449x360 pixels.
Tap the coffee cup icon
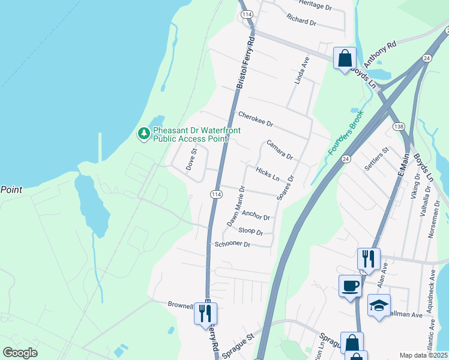coord(350,286)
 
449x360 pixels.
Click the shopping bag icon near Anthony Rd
coord(345,58)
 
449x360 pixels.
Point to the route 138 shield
coord(399,127)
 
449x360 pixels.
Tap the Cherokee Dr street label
coord(255,119)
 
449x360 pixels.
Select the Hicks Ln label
coord(268,174)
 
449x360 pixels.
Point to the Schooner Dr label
coord(232,244)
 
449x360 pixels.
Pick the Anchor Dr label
coord(256,215)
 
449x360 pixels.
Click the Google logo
coord(20,353)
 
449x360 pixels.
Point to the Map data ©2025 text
coord(423,355)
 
